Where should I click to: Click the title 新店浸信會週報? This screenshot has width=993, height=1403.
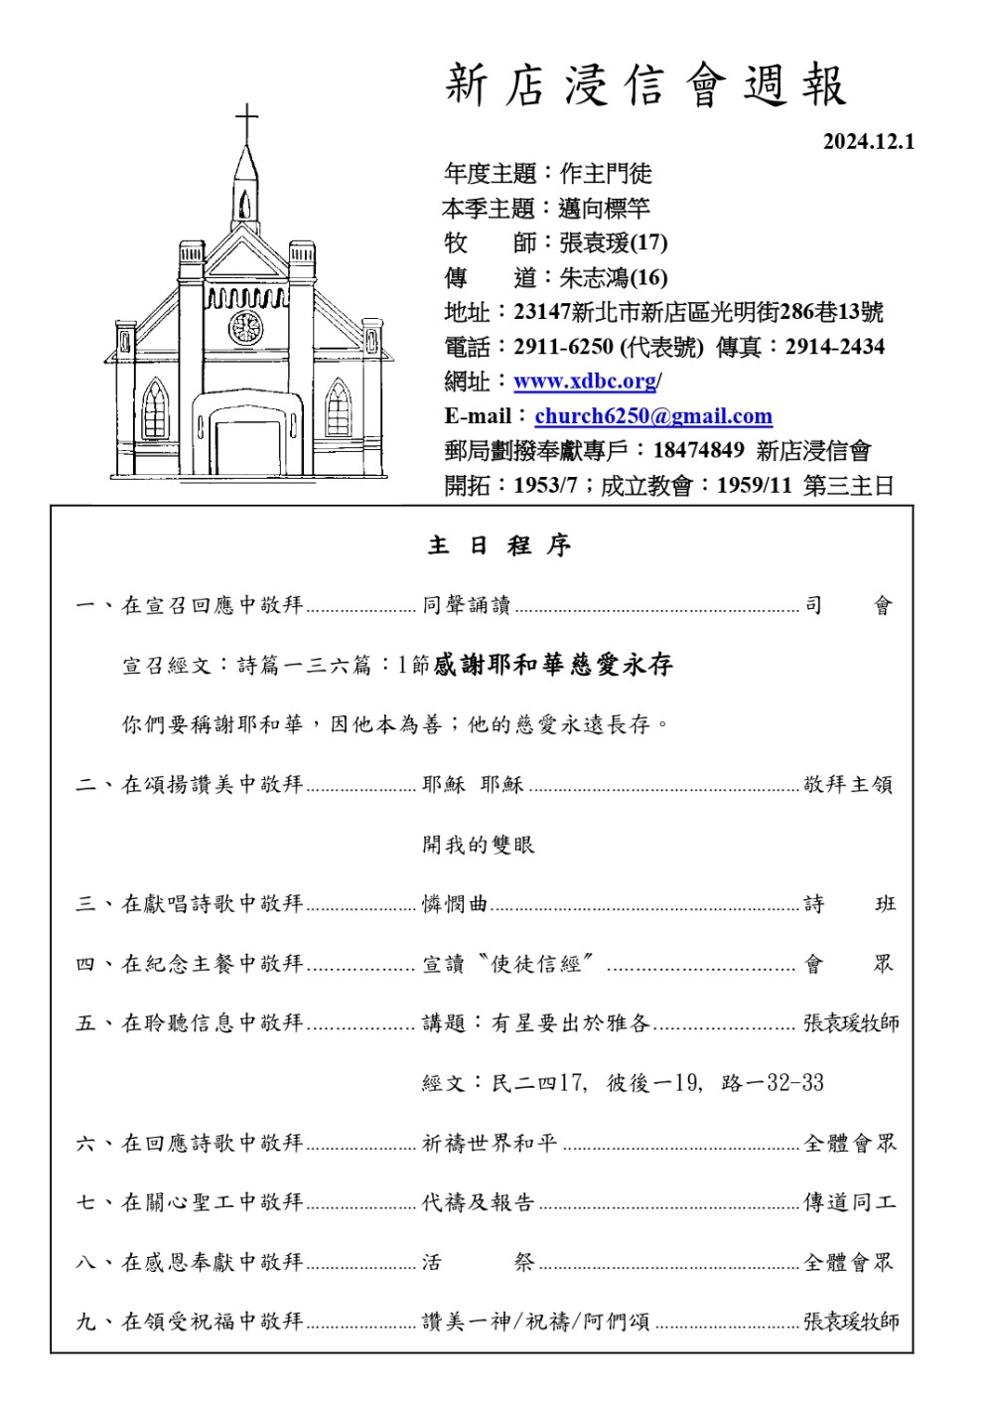coord(645,85)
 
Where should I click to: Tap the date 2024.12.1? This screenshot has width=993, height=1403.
coord(868,141)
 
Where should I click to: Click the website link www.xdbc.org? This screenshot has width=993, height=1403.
coord(585,382)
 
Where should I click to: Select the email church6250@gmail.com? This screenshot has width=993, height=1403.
coord(653,416)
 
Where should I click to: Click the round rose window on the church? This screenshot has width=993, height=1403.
coord(245,327)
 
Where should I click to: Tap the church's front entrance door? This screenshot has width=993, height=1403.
coord(247,448)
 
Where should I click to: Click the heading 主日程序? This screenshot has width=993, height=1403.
coord(499,546)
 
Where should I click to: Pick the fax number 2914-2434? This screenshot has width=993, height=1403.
coord(834,347)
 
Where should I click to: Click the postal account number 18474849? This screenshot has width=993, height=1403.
coord(698,450)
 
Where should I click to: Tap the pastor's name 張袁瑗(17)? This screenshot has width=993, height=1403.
coord(613,242)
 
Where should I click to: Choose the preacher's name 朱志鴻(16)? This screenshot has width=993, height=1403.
coord(613,277)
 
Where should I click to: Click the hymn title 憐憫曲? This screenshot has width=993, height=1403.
coord(455,904)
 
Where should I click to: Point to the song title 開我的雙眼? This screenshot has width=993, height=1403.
coord(479,845)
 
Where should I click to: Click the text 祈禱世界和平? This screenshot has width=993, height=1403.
coord(490,1144)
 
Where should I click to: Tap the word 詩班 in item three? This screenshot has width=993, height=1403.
coord(850,904)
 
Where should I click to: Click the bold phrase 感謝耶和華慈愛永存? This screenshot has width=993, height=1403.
coord(553,665)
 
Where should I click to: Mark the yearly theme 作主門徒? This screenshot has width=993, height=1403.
coord(606,174)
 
